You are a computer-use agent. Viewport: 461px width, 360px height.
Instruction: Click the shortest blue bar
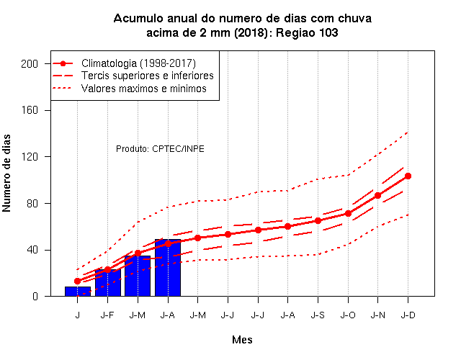78,291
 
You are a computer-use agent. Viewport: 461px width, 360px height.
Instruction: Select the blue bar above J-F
108,283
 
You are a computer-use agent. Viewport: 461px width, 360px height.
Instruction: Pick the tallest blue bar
168,268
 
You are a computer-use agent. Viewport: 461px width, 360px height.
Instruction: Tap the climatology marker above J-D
408,176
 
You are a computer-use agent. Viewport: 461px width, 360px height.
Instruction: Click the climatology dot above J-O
348,213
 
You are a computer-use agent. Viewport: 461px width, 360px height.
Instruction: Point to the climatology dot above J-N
377,195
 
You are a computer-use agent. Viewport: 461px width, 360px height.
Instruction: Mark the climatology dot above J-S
318,221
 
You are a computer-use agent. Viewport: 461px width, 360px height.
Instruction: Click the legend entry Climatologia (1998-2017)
138,63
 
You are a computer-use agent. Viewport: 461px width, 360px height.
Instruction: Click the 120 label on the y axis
30,157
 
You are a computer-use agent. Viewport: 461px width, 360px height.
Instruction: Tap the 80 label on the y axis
32,203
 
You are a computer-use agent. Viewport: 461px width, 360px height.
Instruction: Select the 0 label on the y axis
35,296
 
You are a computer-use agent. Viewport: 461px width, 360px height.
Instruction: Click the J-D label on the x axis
408,315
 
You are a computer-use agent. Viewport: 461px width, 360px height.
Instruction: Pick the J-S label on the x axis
318,315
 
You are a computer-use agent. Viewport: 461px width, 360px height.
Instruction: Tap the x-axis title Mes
242,340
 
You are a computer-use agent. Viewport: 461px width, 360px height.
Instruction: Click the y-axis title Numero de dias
6,173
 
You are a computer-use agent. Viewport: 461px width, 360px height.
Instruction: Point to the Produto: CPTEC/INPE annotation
160,149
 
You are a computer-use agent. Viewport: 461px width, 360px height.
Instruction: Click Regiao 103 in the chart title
307,32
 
